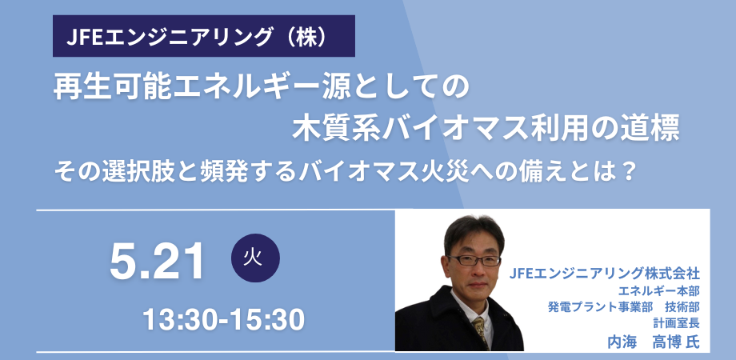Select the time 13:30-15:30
click(x=224, y=320)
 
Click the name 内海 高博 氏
click(x=652, y=342)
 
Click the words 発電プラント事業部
click(x=595, y=307)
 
